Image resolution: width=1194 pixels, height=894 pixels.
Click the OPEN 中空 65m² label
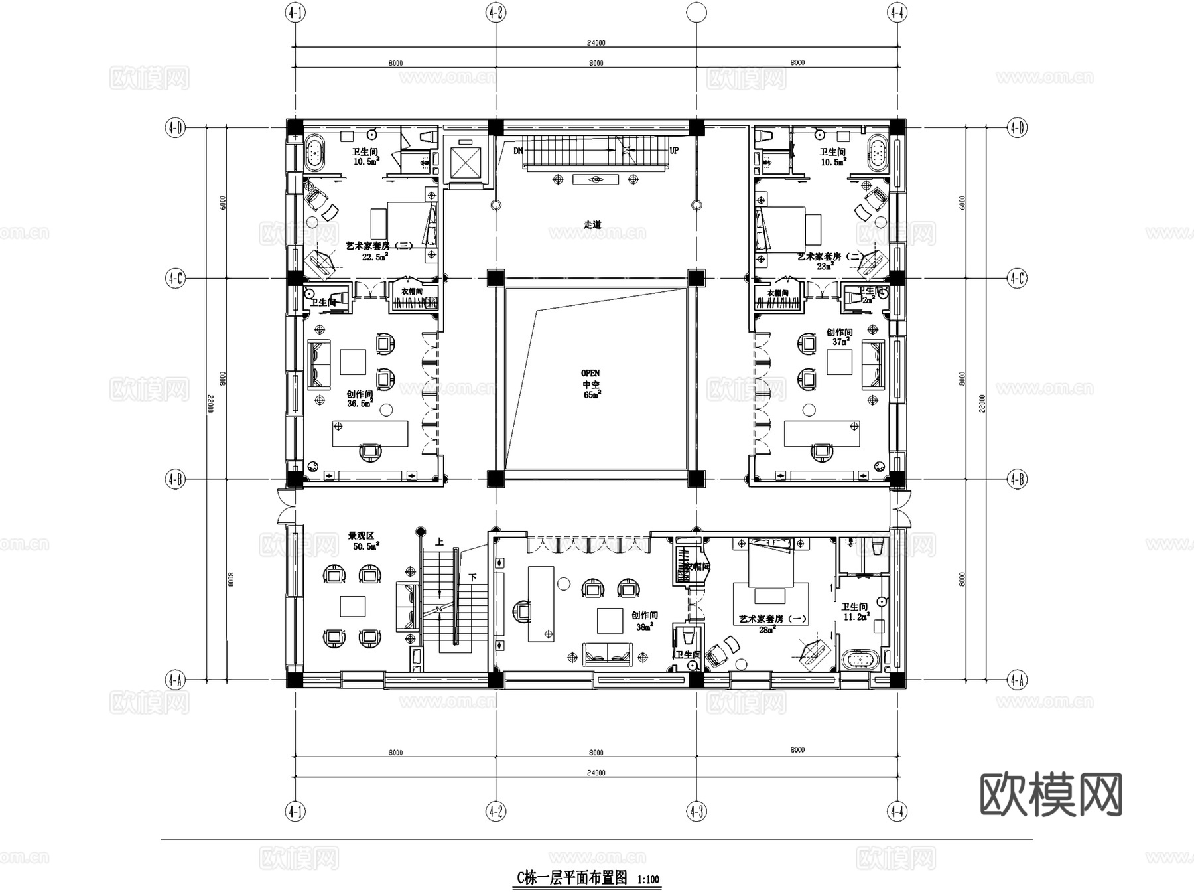pyautogui.click(x=590, y=384)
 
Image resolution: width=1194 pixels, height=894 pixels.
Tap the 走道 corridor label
pyautogui.click(x=592, y=225)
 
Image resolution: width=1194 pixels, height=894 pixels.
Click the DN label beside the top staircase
pyautogui.click(x=518, y=151)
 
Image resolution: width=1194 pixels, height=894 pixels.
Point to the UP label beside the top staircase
pyautogui.click(x=674, y=151)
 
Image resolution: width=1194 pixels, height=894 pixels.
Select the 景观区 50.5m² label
pyautogui.click(x=364, y=541)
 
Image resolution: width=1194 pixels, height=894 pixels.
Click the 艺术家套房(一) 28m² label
pyautogui.click(x=773, y=623)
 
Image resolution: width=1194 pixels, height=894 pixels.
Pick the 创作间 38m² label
pyautogui.click(x=644, y=621)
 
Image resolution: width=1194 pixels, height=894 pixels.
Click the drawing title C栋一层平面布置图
pyautogui.click(x=572, y=878)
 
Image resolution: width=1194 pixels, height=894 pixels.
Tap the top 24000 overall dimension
pyautogui.click(x=596, y=43)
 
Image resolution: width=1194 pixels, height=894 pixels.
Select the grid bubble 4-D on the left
pyautogui.click(x=174, y=127)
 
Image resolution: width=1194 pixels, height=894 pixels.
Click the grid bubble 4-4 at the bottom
pyautogui.click(x=897, y=810)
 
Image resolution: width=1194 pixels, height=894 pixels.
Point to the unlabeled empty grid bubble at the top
pyautogui.click(x=696, y=12)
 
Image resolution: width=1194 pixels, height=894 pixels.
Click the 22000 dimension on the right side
pyautogui.click(x=982, y=403)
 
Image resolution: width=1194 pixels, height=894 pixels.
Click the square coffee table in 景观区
pyautogui.click(x=352, y=606)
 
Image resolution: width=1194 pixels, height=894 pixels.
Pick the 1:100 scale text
pyautogui.click(x=648, y=880)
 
